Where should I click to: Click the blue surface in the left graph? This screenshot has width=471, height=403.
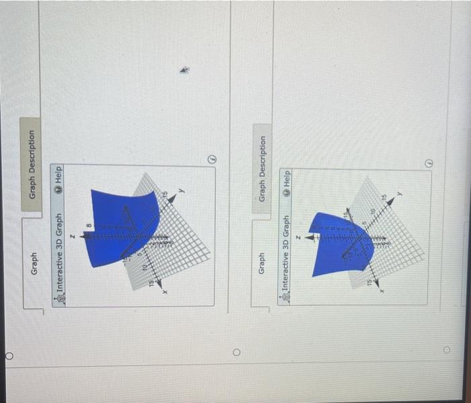(x=121, y=215)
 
